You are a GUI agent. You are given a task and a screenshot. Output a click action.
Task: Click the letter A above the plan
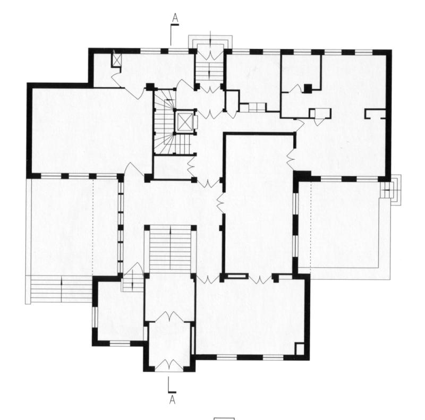point(175,19)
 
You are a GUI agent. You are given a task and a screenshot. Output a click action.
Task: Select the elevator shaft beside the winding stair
point(184,121)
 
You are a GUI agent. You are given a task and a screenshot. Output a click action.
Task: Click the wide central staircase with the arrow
point(169,250)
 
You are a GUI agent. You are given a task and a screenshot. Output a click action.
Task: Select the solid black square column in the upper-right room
point(308,88)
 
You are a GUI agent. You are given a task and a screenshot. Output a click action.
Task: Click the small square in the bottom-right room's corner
point(300,349)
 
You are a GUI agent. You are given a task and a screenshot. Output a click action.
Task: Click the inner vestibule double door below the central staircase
point(169,316)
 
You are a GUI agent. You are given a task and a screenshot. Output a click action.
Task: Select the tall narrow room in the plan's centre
point(258,204)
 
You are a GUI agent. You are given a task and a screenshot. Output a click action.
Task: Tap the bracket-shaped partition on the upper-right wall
point(375,113)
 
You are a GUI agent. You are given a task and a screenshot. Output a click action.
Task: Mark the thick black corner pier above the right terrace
point(304,176)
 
